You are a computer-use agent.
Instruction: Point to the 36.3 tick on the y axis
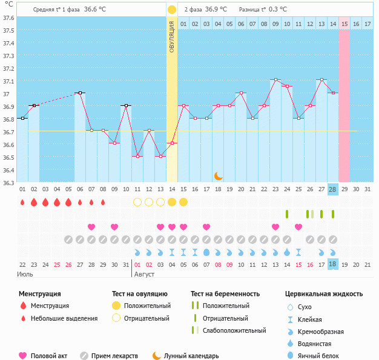8,182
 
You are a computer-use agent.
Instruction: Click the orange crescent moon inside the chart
219,176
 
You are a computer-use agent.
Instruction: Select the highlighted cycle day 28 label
332,189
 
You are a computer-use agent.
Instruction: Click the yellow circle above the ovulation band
172,10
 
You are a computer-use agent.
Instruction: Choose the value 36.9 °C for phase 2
216,10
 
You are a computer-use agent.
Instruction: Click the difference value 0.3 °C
278,10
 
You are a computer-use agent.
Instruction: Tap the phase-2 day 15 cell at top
344,24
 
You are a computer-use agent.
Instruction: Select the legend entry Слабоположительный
234,330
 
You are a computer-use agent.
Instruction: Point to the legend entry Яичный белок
322,356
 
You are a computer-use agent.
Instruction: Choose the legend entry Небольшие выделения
64,318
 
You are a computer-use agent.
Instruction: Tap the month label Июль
25,274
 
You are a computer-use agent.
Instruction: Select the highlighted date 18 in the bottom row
332,264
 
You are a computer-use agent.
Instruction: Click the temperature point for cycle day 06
80,93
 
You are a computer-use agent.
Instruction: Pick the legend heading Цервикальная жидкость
324,294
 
